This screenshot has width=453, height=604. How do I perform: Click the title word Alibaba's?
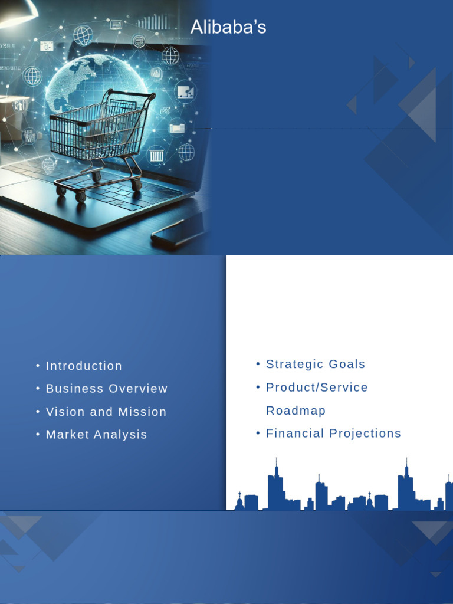coord(228,27)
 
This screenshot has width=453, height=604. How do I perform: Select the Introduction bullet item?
coord(84,366)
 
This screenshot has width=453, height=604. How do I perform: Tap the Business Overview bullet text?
coord(107,389)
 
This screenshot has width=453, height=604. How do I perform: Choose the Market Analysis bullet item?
coord(96,435)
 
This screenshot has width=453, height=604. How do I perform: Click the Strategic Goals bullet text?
coord(316,364)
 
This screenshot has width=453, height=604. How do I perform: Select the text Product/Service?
coord(317,388)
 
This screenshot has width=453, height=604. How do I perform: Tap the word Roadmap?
coord(296,411)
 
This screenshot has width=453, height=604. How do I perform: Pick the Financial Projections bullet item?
coord(333,434)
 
